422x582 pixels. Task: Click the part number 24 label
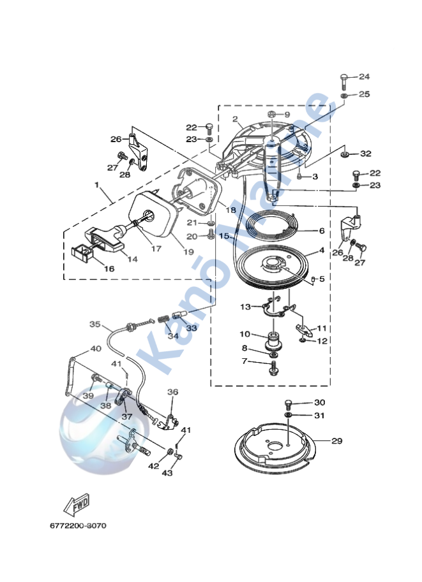click(364, 76)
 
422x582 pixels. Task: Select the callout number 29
click(337, 440)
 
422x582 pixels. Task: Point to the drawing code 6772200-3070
click(78, 526)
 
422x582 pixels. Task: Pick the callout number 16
click(109, 269)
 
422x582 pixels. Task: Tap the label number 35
click(95, 324)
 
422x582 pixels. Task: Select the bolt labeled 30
click(288, 404)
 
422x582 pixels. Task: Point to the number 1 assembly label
click(97, 185)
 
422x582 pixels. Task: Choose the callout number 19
click(170, 252)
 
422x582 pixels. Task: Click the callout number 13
click(245, 307)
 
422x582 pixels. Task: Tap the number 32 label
click(365, 154)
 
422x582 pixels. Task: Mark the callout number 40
click(95, 349)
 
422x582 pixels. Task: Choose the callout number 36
click(172, 392)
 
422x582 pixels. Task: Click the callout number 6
click(322, 231)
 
